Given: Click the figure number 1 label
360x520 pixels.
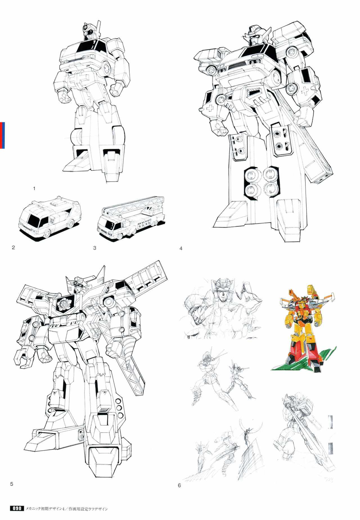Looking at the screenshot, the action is [34, 189].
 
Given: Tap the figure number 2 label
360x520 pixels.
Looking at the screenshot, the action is [13, 248].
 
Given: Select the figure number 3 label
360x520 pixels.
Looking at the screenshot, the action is [94, 248].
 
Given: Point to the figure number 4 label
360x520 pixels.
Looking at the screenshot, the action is [181, 248].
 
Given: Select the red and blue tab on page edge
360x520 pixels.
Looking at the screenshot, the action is [2, 135].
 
